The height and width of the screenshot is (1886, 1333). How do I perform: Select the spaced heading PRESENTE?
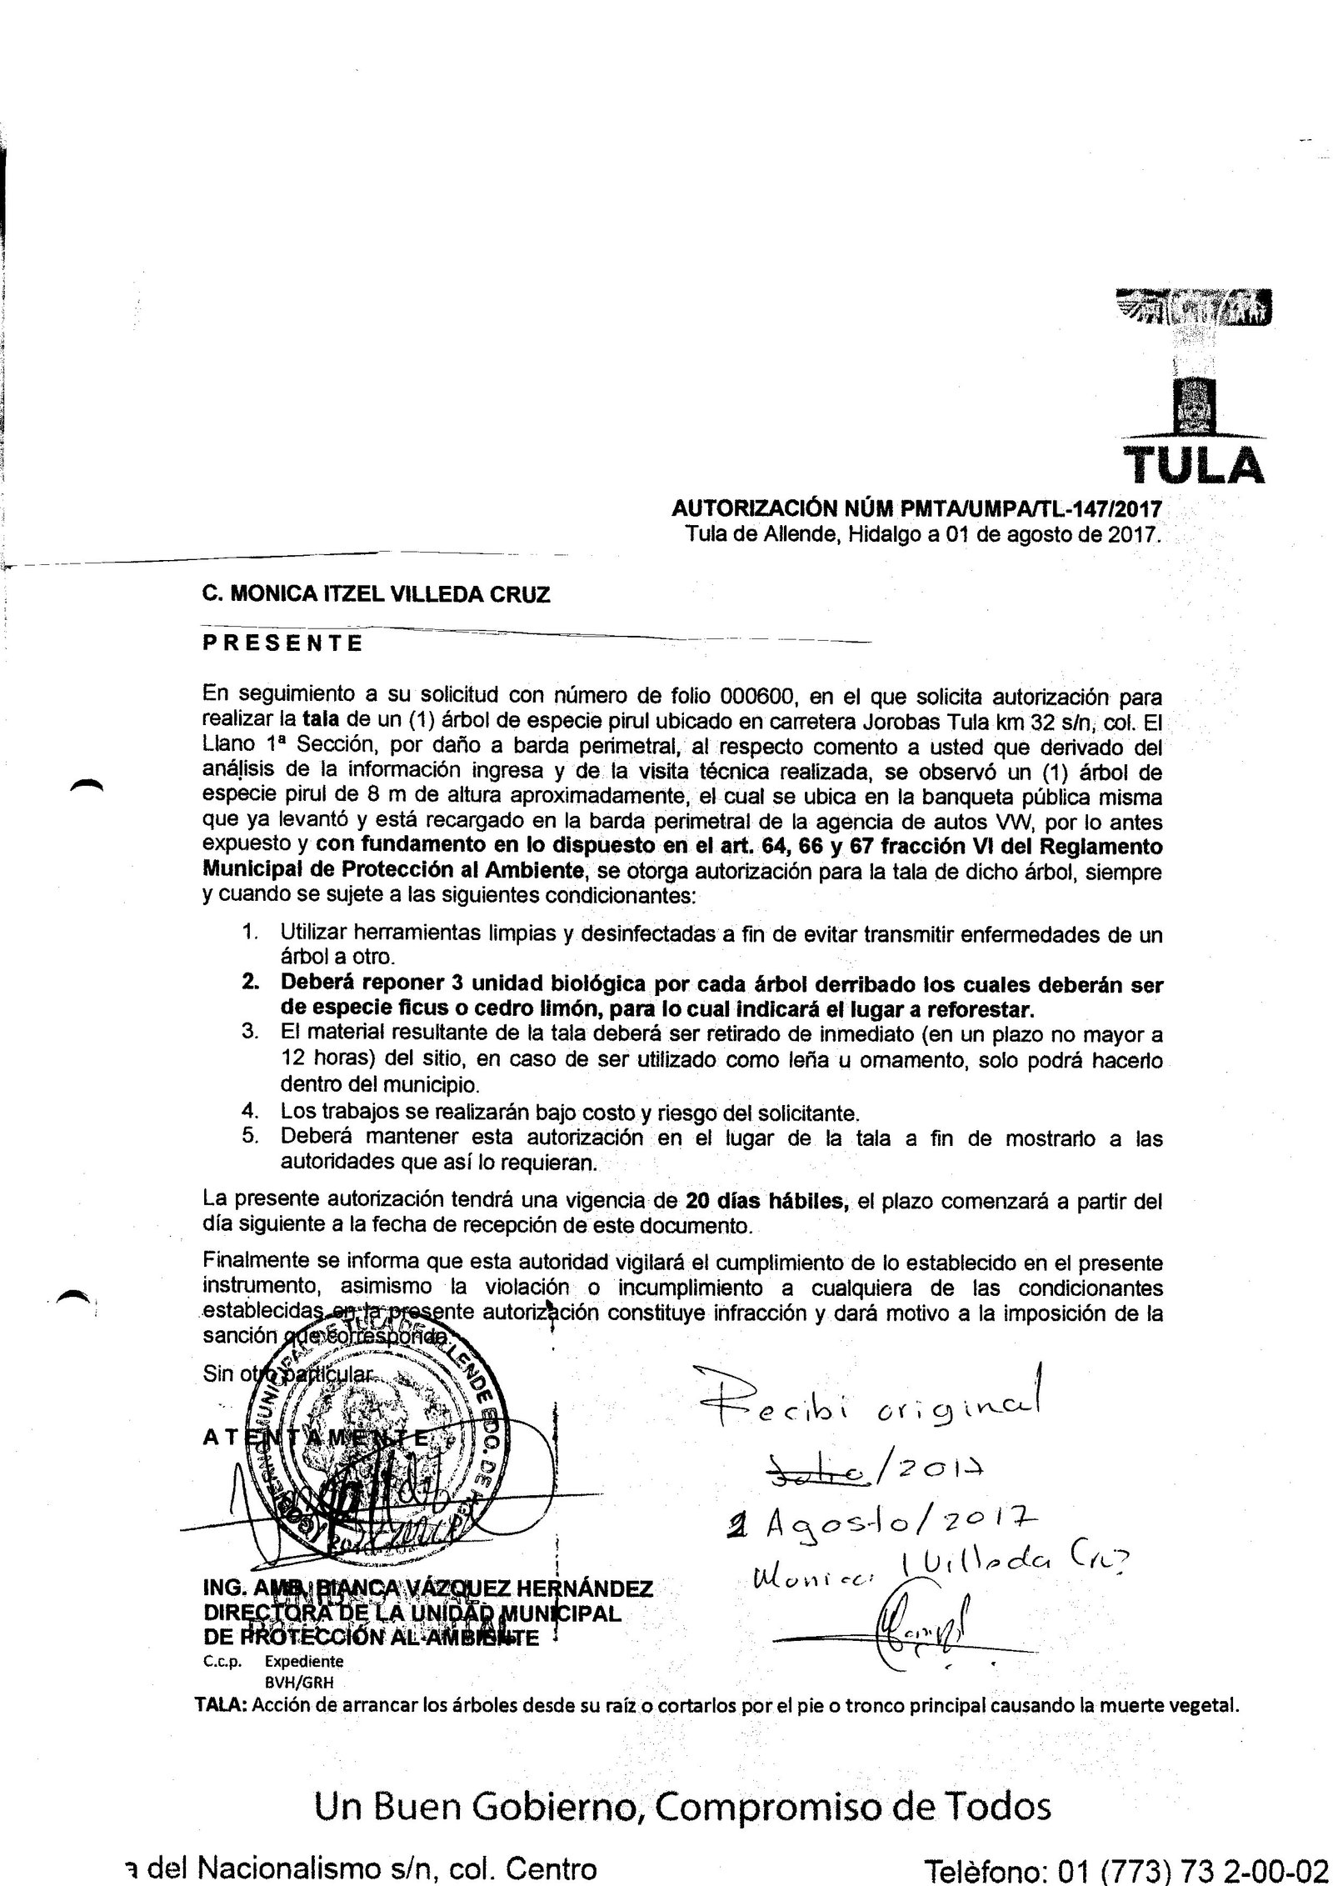283,644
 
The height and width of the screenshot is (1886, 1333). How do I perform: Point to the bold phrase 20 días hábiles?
766,1202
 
